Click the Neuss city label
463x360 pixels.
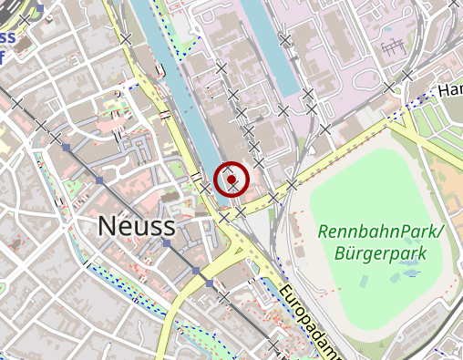[136, 224]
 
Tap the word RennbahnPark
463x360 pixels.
[376, 231]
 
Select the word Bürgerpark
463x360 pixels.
[381, 252]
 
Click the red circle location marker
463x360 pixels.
[232, 180]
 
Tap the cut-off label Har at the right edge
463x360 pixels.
[449, 91]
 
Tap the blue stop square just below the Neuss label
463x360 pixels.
[166, 244]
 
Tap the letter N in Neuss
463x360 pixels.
[106, 224]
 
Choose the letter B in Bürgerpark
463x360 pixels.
[340, 252]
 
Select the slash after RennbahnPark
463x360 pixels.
[436, 231]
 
